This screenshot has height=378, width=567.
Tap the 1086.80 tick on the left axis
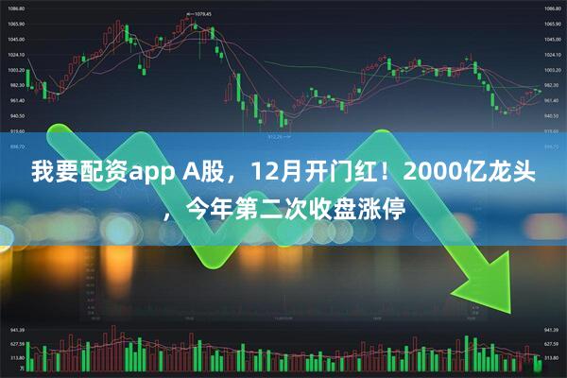[x=16, y=9]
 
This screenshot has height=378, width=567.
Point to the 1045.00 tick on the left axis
[x=16, y=40]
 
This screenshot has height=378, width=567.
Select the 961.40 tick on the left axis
[x=16, y=100]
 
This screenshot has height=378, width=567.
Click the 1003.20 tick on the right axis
[x=551, y=70]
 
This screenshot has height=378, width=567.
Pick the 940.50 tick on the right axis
[x=551, y=115]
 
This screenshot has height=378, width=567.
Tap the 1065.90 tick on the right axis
[x=551, y=24]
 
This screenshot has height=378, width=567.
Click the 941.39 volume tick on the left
[x=16, y=331]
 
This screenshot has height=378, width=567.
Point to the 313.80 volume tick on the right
[x=551, y=359]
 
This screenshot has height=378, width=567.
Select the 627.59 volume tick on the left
[x=16, y=345]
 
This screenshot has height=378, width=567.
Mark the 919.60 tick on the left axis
[x=16, y=130]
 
